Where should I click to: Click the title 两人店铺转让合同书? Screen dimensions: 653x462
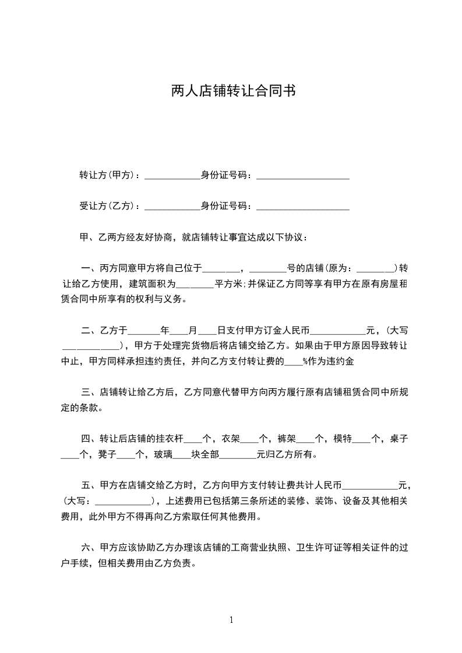pyautogui.click(x=231, y=91)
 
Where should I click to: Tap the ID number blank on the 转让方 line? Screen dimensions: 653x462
pyautogui.click(x=302, y=176)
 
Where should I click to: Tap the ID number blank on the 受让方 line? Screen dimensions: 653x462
pyautogui.click(x=302, y=207)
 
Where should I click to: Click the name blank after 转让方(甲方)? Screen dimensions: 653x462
pyautogui.click(x=172, y=176)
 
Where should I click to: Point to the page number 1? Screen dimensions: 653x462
pyautogui.click(x=231, y=620)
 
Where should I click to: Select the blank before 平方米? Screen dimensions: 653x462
pyautogui.click(x=195, y=286)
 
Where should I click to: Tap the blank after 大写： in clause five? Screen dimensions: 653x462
pyautogui.click(x=122, y=502)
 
